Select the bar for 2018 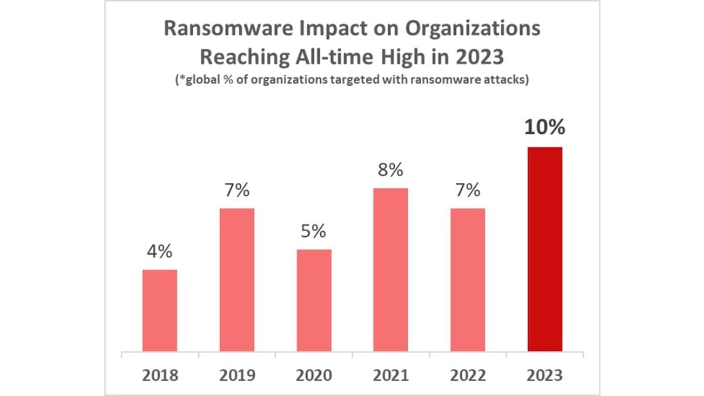point(160,311)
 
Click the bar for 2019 point(237,280)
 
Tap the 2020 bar point(314,300)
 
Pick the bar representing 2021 point(391,270)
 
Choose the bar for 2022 point(468,280)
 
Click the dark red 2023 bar point(545,249)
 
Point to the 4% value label point(160,252)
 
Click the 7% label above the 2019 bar point(237,191)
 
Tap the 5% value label point(314,232)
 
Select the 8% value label point(391,171)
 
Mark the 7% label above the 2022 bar point(468,191)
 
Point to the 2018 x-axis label point(160,375)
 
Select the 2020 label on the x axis point(314,375)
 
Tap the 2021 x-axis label point(391,375)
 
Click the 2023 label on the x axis point(545,375)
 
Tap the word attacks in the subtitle point(505,80)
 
